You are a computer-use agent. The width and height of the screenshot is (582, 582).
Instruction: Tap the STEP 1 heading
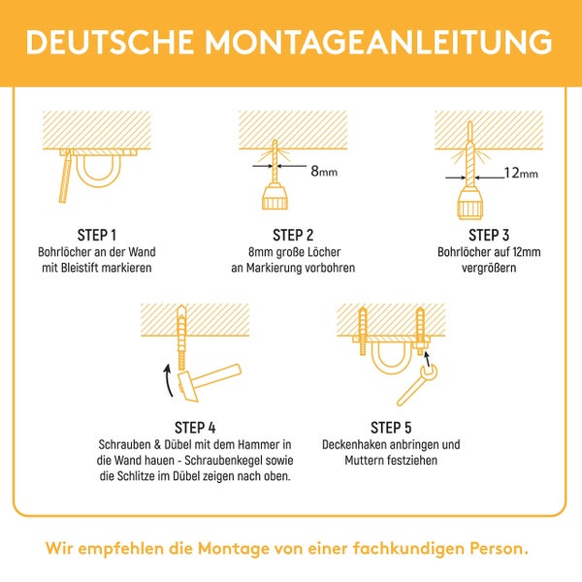(97, 235)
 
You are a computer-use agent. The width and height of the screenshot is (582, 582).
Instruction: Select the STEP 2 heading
(293, 235)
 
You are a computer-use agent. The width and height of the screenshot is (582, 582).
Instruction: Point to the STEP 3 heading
(489, 235)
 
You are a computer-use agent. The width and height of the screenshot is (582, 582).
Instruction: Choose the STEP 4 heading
(195, 427)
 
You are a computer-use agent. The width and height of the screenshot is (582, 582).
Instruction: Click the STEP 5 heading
(391, 427)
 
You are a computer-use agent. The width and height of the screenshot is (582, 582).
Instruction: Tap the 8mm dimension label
(323, 171)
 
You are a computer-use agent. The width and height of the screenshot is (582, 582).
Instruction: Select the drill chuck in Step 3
(471, 205)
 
